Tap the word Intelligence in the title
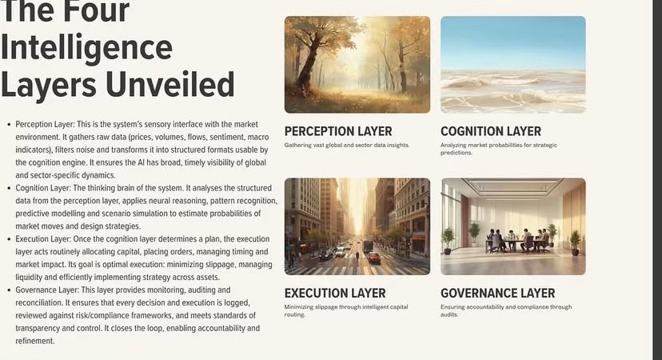86,49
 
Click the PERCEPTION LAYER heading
338,131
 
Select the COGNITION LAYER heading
491,131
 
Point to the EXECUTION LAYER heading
335,293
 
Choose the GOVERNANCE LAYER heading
497,293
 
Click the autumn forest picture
357,64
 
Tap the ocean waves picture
512,64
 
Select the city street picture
357,226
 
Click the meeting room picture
512,226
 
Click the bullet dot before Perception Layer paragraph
8,126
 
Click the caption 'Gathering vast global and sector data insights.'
347,146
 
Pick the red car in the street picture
374,258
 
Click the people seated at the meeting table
520,238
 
